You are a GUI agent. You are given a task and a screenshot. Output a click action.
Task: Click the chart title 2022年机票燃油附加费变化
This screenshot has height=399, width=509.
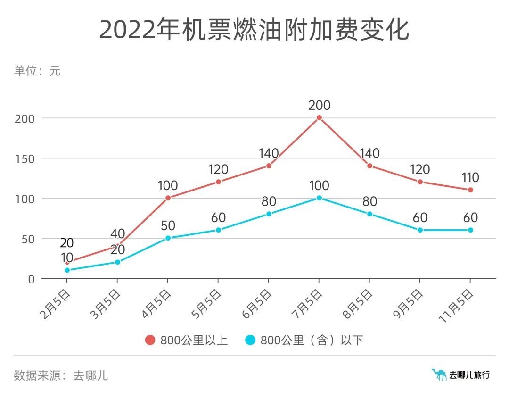click(254, 30)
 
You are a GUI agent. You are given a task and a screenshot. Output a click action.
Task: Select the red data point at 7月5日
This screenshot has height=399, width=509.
click(319, 118)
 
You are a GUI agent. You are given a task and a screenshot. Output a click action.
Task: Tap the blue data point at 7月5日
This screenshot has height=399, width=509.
click(319, 198)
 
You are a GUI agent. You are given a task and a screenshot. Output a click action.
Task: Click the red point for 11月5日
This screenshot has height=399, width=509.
click(470, 190)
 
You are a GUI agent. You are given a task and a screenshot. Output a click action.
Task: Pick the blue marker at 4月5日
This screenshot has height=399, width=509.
click(168, 238)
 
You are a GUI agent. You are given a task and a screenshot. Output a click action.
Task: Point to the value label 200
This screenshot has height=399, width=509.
click(319, 105)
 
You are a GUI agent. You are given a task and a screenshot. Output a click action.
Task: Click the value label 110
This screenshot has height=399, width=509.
click(470, 177)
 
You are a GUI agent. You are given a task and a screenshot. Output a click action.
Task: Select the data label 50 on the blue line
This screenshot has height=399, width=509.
click(168, 225)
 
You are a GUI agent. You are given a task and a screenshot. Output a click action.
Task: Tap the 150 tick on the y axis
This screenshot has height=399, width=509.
click(25, 158)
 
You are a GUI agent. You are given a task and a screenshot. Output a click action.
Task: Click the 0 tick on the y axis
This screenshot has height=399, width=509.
click(32, 279)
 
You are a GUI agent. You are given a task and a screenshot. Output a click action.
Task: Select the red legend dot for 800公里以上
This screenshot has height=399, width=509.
click(150, 340)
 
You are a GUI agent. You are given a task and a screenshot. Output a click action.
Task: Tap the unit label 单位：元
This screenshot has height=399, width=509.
click(37, 71)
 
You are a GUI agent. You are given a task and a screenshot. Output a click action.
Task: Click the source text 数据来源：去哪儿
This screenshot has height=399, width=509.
click(61, 375)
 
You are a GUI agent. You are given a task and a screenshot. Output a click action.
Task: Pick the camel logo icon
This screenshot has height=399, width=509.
click(439, 374)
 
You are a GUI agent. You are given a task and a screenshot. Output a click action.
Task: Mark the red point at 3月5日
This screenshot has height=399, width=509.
click(117, 246)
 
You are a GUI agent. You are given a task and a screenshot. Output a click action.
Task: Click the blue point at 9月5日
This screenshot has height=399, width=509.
click(420, 230)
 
